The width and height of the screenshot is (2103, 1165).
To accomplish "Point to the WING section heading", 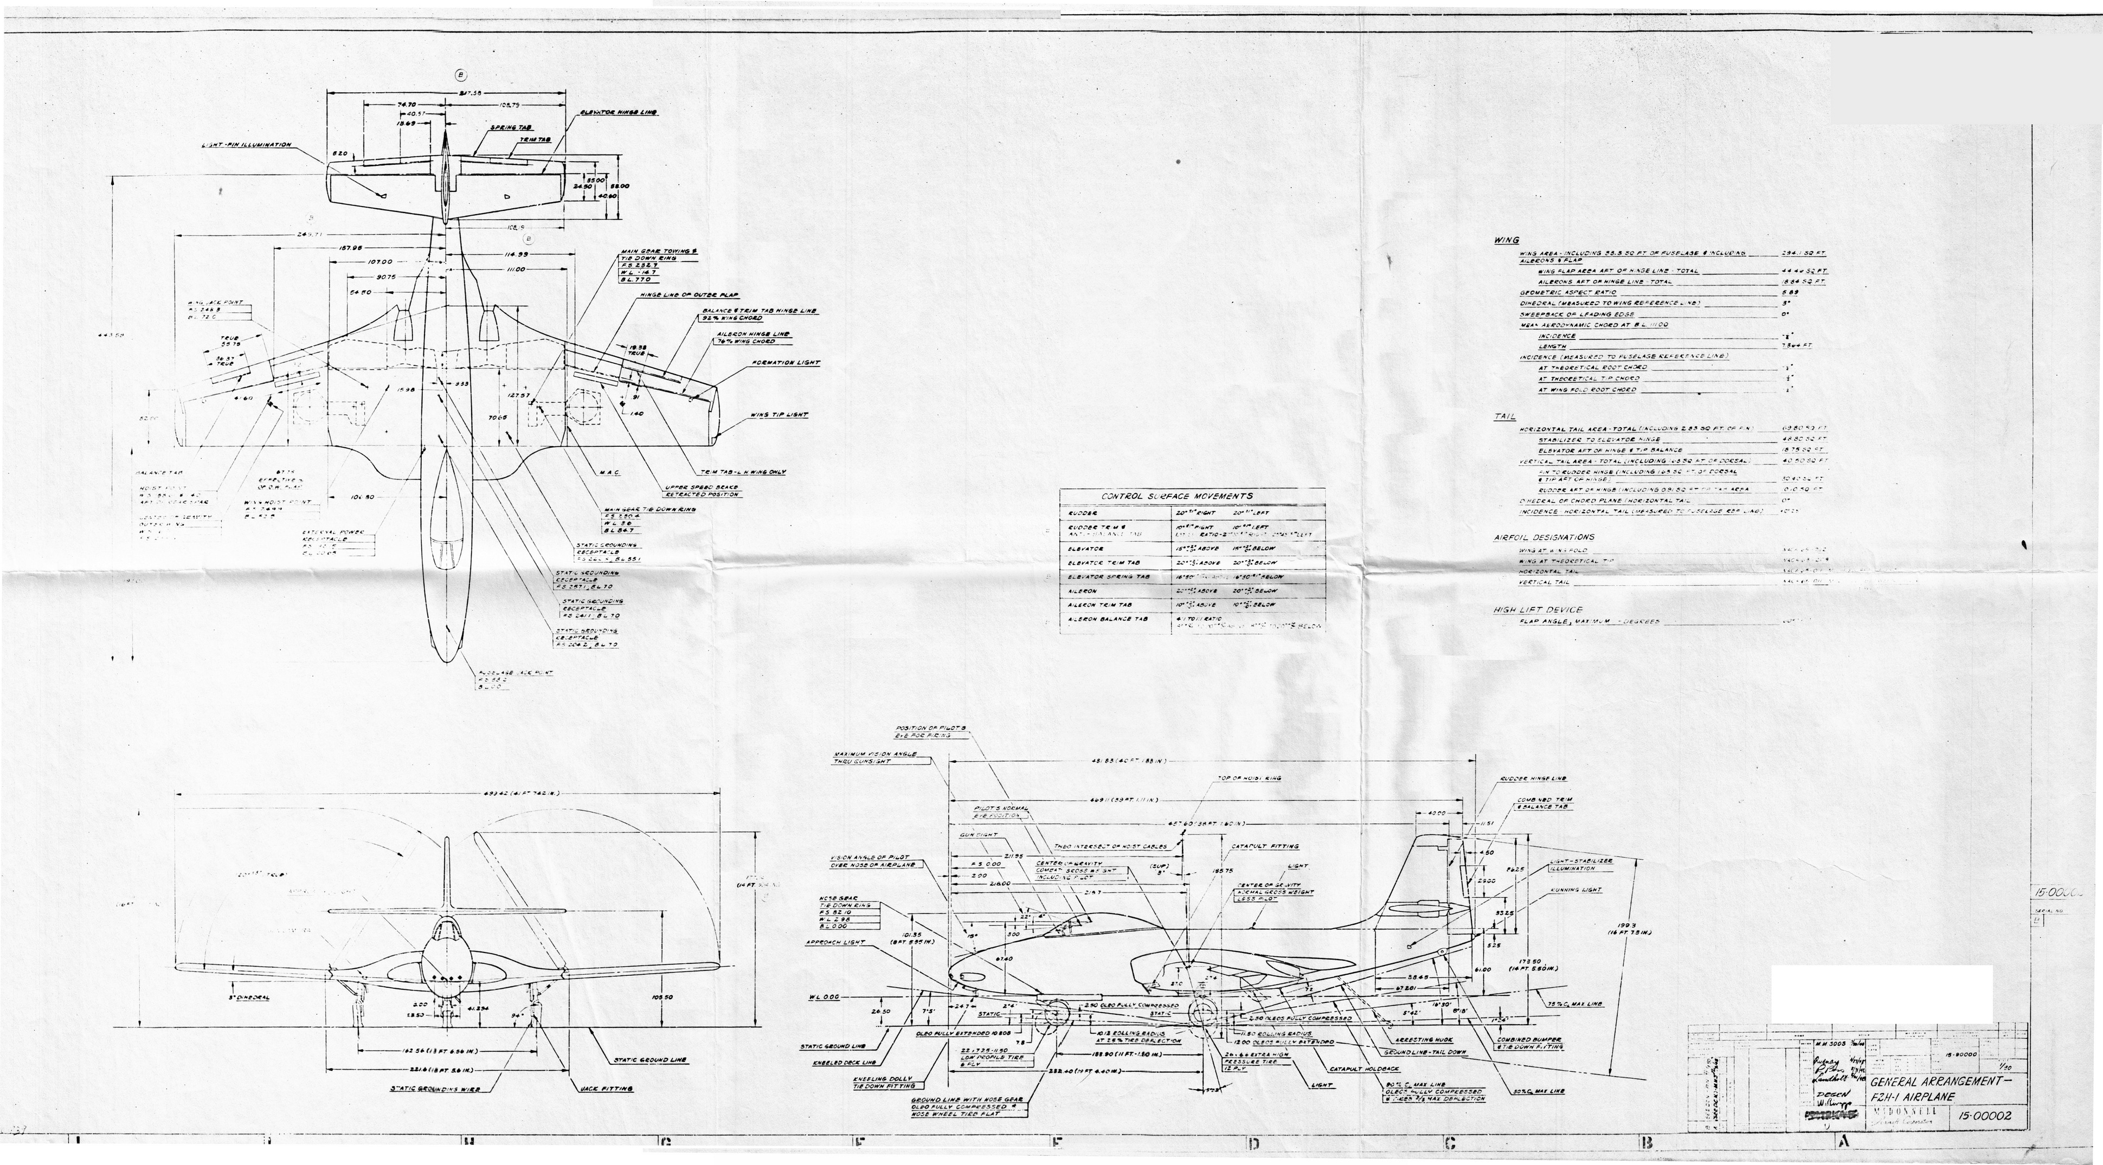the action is point(1506,240).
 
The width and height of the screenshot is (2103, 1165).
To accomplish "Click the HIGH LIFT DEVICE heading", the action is point(1537,609).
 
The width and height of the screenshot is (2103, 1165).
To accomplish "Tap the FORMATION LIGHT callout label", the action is point(786,363).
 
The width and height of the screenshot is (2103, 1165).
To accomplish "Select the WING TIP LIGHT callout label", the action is point(780,415).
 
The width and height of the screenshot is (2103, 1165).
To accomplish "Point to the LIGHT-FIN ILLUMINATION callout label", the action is point(247,145).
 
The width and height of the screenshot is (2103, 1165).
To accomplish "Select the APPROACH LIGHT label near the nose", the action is point(835,941).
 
